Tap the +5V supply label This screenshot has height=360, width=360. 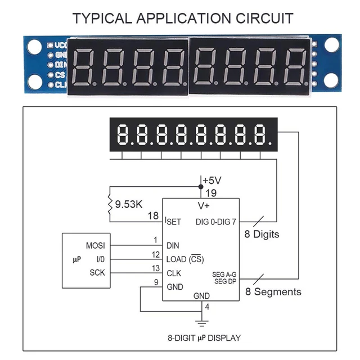(212, 181)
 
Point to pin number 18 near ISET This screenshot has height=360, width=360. (152, 216)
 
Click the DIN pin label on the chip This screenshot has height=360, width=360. (173, 246)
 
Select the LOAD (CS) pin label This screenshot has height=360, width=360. (185, 259)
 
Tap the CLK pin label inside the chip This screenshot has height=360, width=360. (173, 273)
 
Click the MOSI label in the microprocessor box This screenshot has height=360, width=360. (95, 246)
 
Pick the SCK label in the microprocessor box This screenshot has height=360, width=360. (97, 273)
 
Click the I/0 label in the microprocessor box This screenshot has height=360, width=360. (100, 259)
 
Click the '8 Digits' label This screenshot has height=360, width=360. (262, 233)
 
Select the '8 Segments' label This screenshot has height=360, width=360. (273, 291)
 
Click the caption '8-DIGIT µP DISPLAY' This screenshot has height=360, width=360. (204, 338)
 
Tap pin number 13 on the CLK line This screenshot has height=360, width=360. (156, 268)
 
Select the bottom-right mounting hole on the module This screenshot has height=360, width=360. (332, 82)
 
